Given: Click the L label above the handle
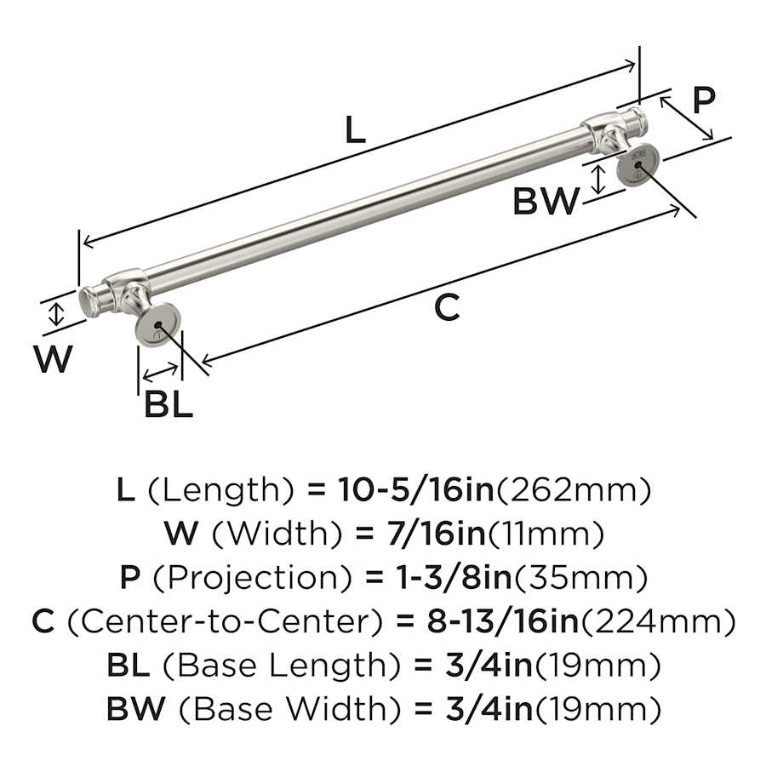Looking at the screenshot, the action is pyautogui.click(x=355, y=129).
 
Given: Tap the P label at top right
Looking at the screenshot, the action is pyautogui.click(x=704, y=100).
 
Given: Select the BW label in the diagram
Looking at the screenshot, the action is pyautogui.click(x=546, y=201).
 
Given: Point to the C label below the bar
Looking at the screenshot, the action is pyautogui.click(x=447, y=307).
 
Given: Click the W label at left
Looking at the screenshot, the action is pyautogui.click(x=54, y=358).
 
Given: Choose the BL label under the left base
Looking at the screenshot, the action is pyautogui.click(x=169, y=404).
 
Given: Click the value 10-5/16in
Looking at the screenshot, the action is pyautogui.click(x=416, y=490).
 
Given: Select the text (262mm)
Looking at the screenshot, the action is pyautogui.click(x=574, y=490).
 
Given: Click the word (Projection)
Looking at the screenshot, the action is pyautogui.click(x=253, y=577).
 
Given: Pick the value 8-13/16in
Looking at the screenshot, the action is pyautogui.click(x=503, y=621).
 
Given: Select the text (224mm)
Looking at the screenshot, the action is pyautogui.click(x=658, y=622).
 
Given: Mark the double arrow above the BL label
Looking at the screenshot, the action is pyautogui.click(x=160, y=373).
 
